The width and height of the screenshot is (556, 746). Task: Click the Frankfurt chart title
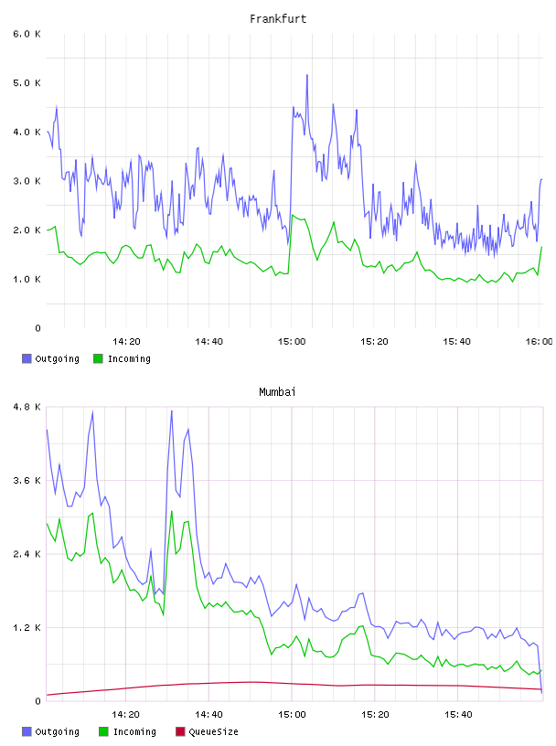click(x=278, y=19)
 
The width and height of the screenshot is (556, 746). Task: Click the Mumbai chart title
click(x=277, y=392)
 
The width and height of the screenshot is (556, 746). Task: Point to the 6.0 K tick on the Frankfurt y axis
click(x=27, y=34)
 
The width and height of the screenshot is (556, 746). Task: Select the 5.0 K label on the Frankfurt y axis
click(x=27, y=83)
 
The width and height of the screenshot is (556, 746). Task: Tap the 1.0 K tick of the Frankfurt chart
click(x=27, y=279)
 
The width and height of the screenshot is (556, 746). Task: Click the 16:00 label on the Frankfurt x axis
click(x=539, y=342)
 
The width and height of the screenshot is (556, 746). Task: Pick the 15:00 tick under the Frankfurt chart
click(x=292, y=342)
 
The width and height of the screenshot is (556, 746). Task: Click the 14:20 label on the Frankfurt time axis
click(x=126, y=342)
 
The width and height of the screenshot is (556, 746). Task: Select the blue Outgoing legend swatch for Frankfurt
click(x=27, y=358)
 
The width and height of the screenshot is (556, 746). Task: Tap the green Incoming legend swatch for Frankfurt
click(x=98, y=358)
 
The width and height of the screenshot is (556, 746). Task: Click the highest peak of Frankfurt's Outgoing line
click(x=307, y=75)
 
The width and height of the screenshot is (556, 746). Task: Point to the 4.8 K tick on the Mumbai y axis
click(x=27, y=407)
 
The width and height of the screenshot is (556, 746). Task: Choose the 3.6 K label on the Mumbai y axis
click(x=27, y=481)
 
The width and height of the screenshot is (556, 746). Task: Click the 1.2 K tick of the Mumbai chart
click(x=27, y=628)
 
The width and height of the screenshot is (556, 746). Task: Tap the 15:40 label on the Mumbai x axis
click(x=458, y=715)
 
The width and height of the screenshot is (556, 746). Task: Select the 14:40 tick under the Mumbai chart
click(x=209, y=715)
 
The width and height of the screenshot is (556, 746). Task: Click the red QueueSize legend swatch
click(x=180, y=731)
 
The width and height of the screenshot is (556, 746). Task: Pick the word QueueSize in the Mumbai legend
click(x=213, y=731)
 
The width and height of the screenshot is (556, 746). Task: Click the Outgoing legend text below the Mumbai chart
click(x=57, y=731)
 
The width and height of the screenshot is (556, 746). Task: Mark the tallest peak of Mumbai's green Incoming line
click(x=171, y=511)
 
